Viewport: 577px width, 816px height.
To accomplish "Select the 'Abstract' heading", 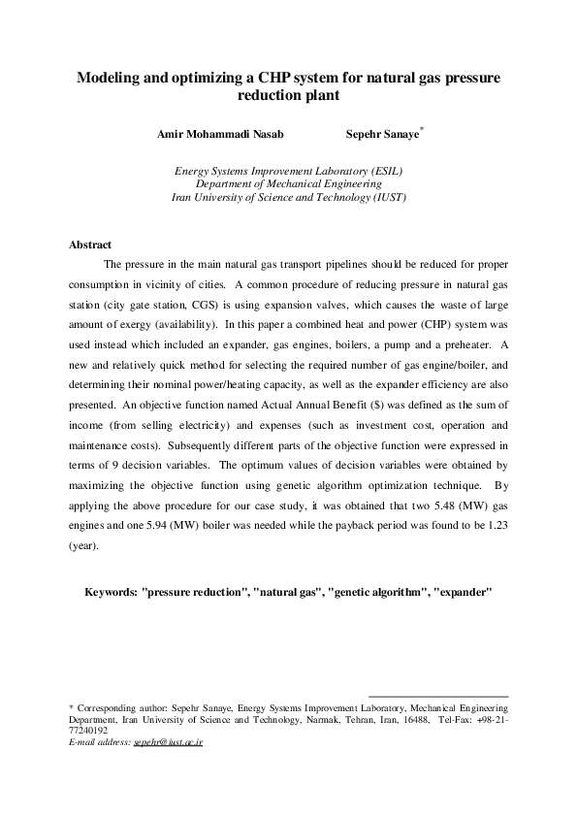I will point(90,245).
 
